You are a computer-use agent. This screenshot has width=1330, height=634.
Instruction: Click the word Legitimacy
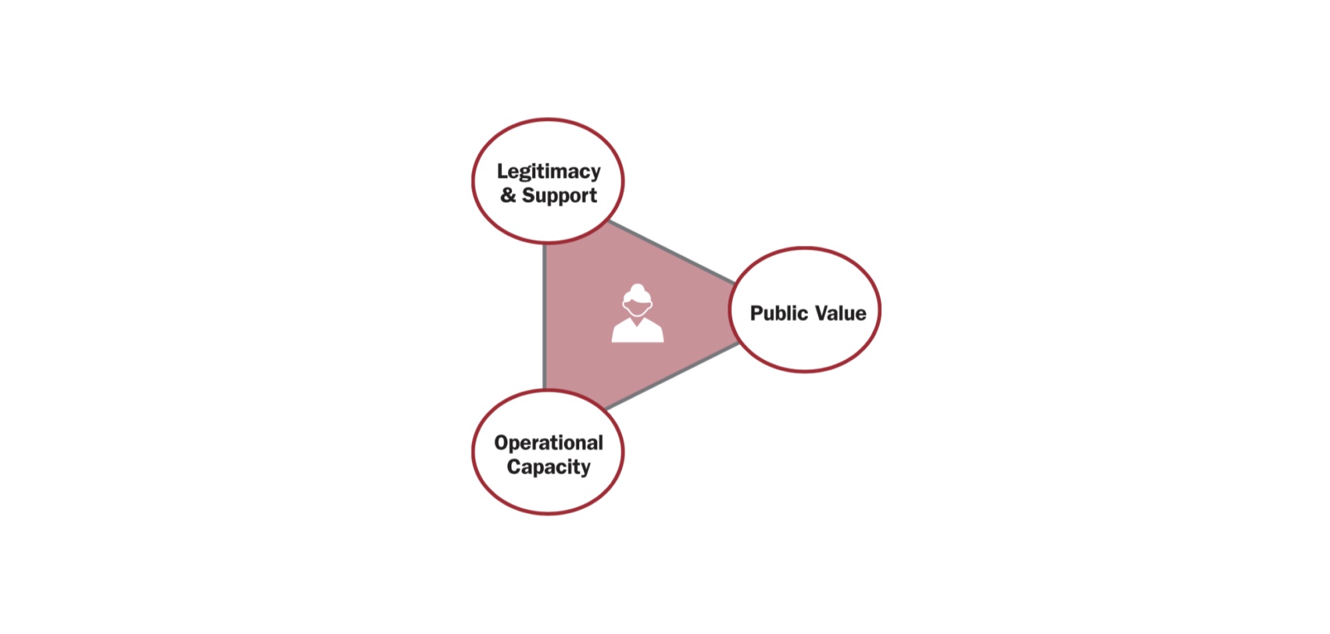(549, 172)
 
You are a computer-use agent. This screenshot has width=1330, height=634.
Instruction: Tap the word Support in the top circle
(559, 196)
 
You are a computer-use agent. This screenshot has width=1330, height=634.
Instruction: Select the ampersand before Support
(508, 195)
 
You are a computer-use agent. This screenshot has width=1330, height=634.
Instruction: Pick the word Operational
(549, 443)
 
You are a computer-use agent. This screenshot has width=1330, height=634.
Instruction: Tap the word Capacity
(549, 467)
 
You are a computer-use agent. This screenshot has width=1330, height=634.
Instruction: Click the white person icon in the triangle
(638, 313)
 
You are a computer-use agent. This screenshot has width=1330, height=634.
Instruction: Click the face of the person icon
(638, 308)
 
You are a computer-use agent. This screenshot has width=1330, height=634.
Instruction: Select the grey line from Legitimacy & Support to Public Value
(672, 253)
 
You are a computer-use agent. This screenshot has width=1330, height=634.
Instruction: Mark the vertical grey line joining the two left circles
(545, 317)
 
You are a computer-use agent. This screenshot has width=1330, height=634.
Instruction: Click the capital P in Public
(757, 313)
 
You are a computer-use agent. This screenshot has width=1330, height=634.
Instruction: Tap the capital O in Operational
(502, 443)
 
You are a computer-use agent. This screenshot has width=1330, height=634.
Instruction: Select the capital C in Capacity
(514, 467)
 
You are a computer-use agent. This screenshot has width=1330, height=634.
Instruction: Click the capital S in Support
(529, 195)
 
